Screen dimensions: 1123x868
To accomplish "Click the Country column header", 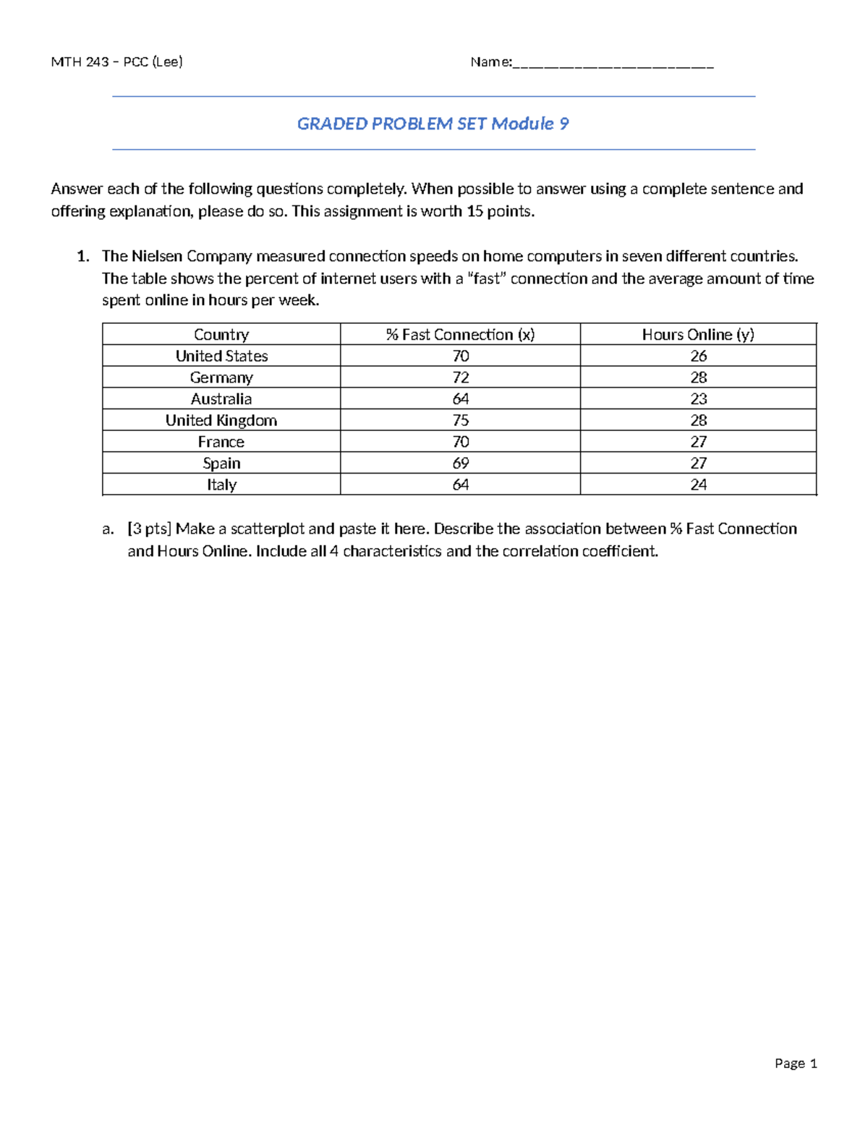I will coord(221,334).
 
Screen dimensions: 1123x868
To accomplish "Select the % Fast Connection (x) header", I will coord(460,334).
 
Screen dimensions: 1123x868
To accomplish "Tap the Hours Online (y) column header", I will coord(698,334).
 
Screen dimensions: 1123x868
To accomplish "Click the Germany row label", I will coord(221,377).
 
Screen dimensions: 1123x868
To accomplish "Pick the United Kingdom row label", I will coord(221,420).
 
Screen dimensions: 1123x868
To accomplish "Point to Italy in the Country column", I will coord(221,484).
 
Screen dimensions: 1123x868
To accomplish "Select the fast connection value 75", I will coord(460,420).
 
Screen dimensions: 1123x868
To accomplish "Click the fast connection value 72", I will coord(460,377).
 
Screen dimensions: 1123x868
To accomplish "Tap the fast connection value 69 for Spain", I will coord(460,463).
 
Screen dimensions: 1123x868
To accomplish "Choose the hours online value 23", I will coord(698,398).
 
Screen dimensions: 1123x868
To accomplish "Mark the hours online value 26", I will coord(698,356).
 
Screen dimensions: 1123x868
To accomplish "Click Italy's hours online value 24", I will coord(698,484).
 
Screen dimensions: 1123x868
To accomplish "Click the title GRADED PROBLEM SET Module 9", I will coord(433,124).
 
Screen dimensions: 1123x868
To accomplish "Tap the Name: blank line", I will coord(613,64).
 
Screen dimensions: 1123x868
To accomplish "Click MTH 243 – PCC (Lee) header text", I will coord(116,61).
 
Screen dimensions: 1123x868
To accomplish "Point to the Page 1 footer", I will coord(796,1063).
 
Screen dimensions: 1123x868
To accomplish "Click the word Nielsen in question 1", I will coord(157,256).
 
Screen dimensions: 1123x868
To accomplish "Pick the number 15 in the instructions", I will coord(475,211).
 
